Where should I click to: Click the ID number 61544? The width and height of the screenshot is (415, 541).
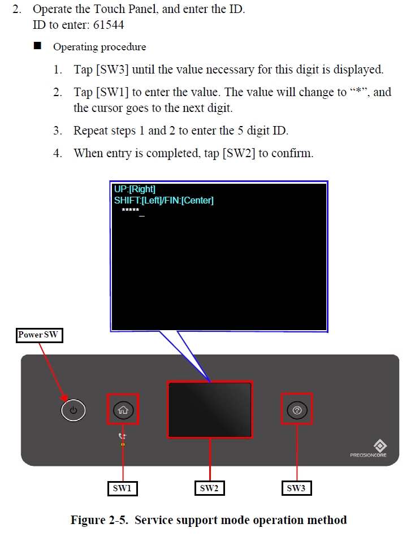pos(109,25)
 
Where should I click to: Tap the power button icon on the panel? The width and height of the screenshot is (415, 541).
pos(73,410)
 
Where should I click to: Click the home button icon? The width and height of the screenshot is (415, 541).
pos(123,410)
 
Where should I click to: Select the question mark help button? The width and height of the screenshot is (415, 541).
pos(297,410)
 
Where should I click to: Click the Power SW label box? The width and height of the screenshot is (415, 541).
pos(40,335)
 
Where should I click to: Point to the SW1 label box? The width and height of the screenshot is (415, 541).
pos(123,488)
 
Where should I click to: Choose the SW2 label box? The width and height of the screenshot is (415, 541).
pos(209,488)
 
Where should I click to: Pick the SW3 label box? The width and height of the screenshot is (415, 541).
pos(297,488)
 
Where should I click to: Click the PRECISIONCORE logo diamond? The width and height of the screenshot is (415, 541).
pos(380,445)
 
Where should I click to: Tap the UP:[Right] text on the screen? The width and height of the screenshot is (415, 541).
pos(135,189)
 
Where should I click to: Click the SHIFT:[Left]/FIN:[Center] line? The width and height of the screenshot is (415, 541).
pos(164,201)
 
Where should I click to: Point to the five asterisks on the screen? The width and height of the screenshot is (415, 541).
pos(131,210)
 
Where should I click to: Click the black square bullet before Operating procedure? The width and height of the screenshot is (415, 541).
pos(37,46)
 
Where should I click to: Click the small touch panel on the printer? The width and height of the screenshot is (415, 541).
pos(210,409)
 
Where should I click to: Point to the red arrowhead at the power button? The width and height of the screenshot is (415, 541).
pos(64,397)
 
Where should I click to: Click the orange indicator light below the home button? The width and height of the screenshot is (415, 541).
pos(123,444)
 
